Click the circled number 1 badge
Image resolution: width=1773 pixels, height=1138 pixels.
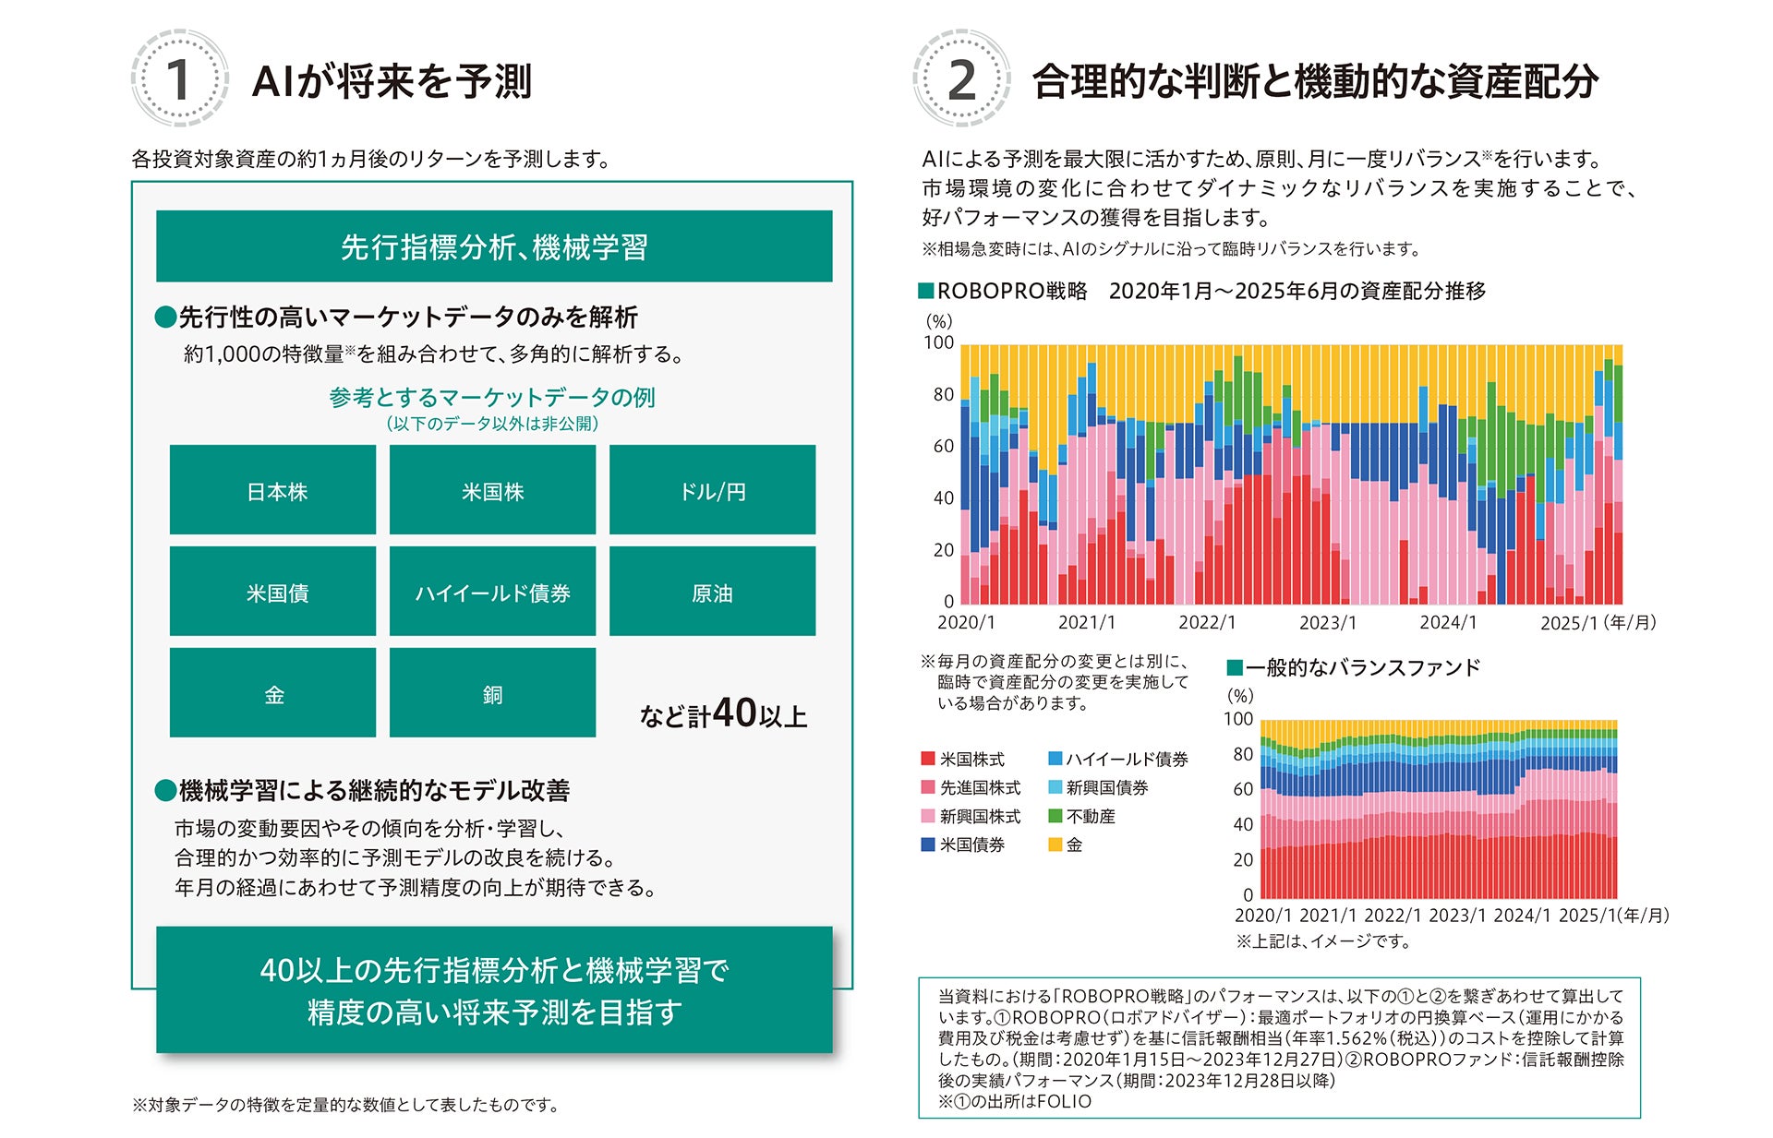[x=178, y=78]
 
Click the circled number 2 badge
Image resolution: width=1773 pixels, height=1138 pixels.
[x=960, y=78]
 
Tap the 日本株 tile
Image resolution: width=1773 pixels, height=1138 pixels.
[x=273, y=490]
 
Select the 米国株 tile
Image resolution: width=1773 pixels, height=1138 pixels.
[x=492, y=490]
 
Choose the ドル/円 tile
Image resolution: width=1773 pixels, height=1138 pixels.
[x=712, y=490]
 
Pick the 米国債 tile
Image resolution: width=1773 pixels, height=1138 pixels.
[x=273, y=592]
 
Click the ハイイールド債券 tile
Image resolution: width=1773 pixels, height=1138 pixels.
[x=492, y=592]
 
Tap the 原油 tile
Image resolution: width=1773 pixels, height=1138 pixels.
[x=712, y=592]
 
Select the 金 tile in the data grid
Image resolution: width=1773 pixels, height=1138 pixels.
[x=273, y=693]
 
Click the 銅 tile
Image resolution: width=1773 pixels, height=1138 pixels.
[x=492, y=693]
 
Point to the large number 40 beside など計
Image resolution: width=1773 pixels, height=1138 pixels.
[x=734, y=713]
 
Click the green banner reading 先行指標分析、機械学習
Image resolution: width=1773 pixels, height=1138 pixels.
[x=494, y=246]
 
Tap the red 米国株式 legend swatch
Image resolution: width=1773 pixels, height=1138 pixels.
[x=928, y=759]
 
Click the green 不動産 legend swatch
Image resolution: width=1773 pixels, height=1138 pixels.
[x=1055, y=816]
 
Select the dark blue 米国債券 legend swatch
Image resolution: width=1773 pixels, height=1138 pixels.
[x=928, y=845]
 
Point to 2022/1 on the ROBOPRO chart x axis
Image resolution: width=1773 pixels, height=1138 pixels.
[x=1207, y=623]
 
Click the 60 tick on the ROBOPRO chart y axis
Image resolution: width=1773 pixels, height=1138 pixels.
[x=942, y=447]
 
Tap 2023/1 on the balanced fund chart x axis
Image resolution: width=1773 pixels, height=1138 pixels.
[x=1457, y=916]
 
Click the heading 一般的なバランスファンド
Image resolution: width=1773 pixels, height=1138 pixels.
[x=1362, y=667]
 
